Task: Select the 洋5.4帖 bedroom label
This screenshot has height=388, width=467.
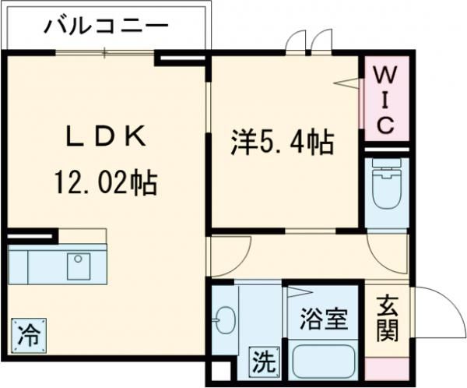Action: (281, 143)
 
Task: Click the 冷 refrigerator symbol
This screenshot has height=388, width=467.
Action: (28, 337)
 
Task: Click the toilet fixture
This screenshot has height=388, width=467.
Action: (386, 187)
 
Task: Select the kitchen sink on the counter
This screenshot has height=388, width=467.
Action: (79, 266)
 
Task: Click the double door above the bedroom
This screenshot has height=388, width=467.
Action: (309, 42)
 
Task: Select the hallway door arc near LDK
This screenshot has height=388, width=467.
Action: (221, 256)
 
